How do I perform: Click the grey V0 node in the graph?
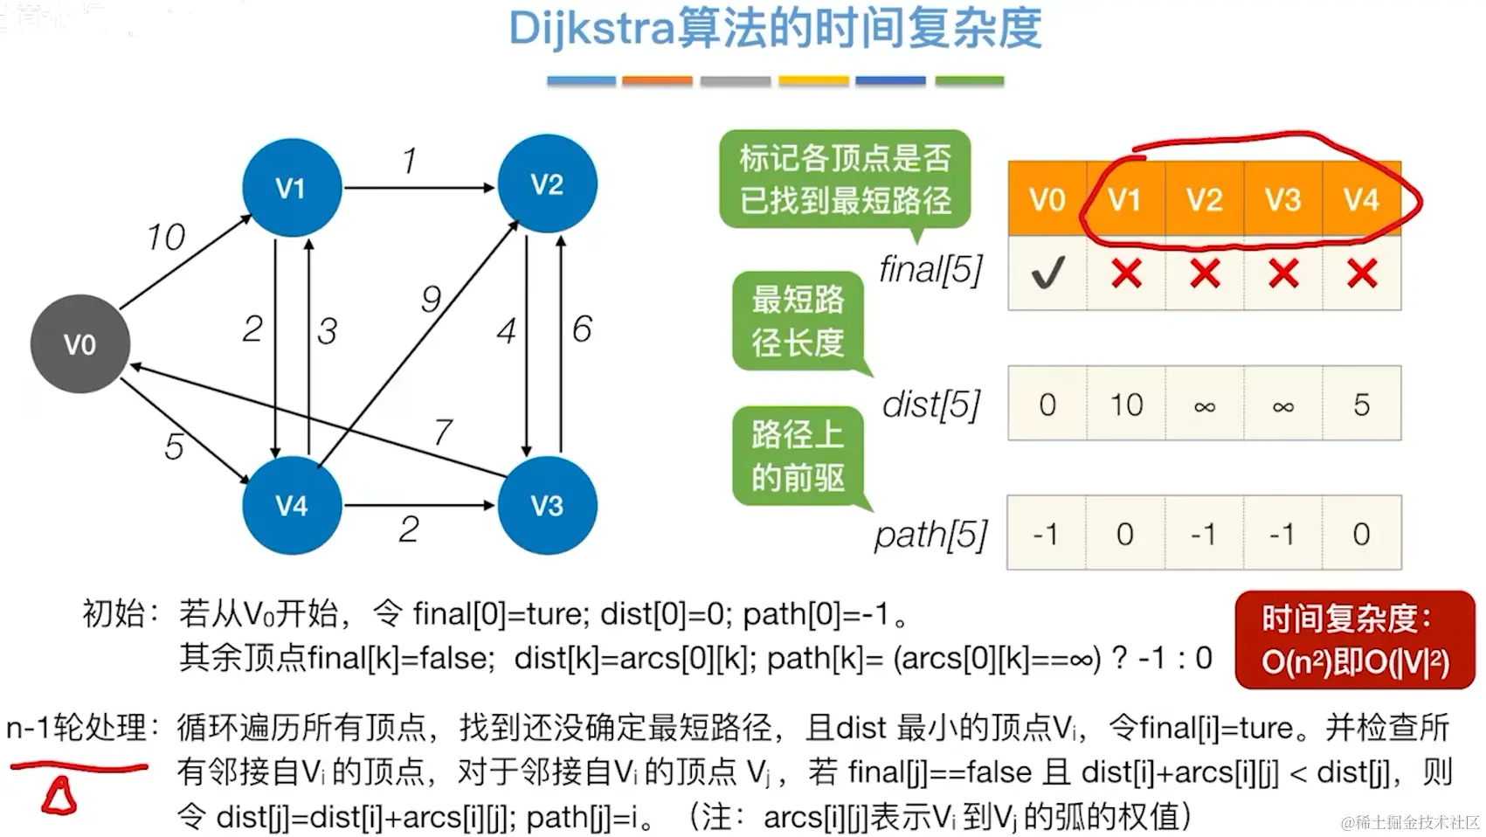(80, 343)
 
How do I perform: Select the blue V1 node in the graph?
(291, 187)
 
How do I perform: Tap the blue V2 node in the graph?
(547, 183)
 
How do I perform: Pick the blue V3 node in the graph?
(547, 504)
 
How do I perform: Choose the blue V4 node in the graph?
(291, 504)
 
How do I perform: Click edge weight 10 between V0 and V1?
(166, 237)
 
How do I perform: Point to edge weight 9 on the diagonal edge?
(431, 299)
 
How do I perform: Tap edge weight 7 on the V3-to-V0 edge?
(443, 432)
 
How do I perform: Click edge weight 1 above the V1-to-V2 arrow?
(409, 161)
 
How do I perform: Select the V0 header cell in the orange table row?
(1047, 199)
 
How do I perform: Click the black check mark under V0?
(1047, 273)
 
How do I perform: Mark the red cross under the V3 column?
(1282, 273)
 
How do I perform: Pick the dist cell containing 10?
(1126, 405)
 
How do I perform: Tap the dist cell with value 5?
(1361, 405)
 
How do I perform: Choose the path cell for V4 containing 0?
(1361, 534)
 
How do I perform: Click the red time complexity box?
(1354, 640)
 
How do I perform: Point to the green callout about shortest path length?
(798, 321)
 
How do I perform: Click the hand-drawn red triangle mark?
(59, 797)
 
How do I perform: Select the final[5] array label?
(930, 270)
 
